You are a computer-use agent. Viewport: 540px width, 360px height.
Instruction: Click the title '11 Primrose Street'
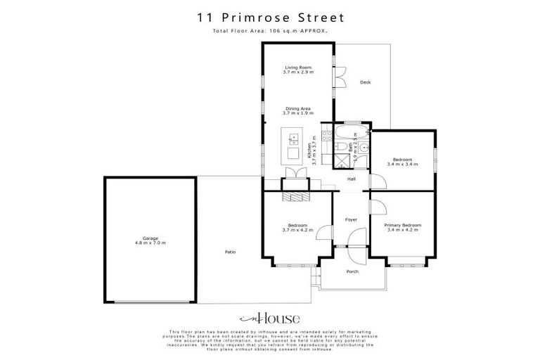[270, 15]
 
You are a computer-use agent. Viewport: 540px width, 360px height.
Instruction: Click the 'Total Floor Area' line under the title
[270, 31]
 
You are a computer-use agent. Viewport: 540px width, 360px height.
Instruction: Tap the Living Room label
[297, 70]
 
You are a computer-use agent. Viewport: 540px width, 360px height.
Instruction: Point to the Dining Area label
[297, 110]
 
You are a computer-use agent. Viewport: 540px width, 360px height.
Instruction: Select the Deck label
[365, 82]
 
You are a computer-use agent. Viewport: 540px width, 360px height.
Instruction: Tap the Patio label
[230, 252]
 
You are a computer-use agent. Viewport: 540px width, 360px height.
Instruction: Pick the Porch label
[352, 272]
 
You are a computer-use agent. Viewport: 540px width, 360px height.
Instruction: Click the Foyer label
[352, 219]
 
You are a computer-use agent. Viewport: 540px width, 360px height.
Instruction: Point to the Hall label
[352, 179]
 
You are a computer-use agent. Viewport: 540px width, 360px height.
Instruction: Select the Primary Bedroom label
[402, 227]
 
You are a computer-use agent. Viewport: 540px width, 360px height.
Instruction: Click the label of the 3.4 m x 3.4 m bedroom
[402, 161]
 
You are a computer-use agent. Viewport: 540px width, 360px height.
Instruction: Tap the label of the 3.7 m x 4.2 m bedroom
[297, 227]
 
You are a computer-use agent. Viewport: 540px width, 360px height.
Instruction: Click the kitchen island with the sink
[292, 144]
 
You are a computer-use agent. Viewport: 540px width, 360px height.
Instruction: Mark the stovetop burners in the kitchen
[326, 134]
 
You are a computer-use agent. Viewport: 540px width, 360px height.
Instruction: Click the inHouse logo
[270, 317]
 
